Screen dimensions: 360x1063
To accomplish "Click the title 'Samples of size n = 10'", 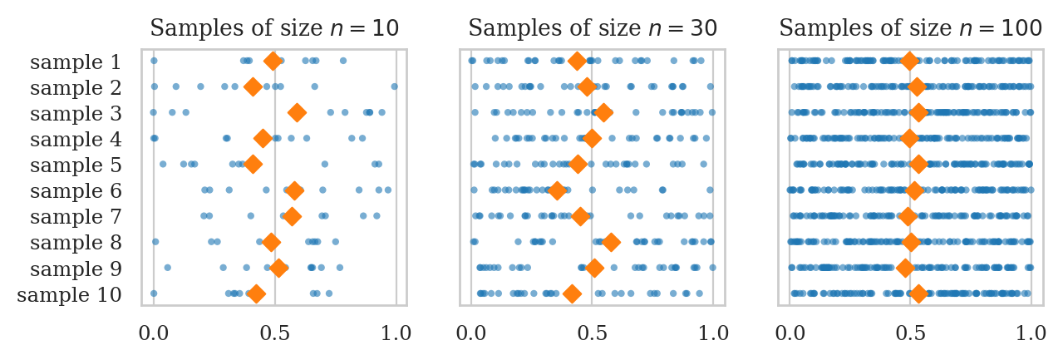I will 274,29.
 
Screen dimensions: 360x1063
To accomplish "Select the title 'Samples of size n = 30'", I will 593,29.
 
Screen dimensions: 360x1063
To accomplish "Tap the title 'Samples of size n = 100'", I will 910,29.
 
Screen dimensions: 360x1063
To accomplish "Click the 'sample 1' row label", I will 76,62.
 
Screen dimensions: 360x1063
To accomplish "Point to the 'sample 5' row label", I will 76,165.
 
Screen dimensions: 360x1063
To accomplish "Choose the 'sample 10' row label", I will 70,294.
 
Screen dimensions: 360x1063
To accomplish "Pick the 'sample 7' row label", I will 76,217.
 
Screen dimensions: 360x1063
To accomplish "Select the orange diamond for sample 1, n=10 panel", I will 273,61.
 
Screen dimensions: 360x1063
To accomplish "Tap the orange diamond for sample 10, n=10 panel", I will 257,293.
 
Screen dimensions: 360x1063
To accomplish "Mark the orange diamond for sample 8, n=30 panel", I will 611,242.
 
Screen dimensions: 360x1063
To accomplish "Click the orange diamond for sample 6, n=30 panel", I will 557,190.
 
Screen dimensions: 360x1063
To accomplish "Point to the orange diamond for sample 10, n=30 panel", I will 572,293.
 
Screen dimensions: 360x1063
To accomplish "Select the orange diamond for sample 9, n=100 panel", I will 905,268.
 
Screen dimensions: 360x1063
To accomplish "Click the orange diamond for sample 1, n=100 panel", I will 909,61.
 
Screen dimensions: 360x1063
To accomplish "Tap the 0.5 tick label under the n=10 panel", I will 274,333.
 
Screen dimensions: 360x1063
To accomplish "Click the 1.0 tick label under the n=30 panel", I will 714,333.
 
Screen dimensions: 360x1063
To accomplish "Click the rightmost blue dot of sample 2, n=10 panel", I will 394,86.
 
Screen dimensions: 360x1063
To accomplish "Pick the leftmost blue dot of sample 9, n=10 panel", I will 168,268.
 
